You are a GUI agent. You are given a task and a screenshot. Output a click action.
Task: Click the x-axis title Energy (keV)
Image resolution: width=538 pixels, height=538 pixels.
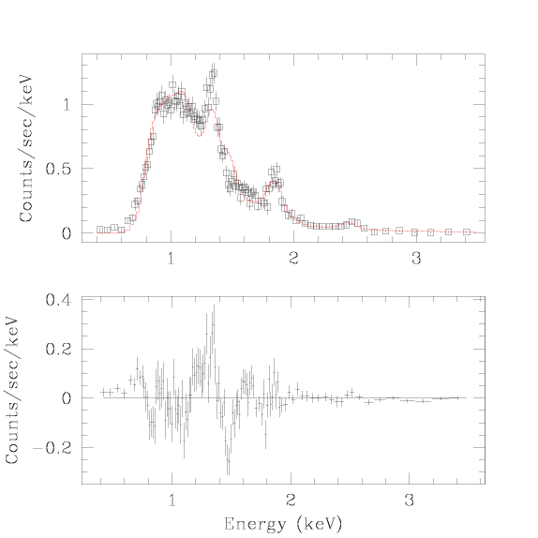pos(283,524)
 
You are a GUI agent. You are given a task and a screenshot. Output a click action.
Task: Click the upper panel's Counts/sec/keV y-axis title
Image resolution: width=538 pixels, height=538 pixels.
pos(25,148)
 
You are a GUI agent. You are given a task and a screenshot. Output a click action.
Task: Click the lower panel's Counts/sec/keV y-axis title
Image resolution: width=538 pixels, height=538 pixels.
pos(12,390)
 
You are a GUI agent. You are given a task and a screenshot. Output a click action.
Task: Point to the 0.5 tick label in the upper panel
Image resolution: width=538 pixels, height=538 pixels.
pos(58,169)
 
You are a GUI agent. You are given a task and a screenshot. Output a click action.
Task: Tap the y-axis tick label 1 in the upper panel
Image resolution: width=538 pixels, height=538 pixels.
pos(67,105)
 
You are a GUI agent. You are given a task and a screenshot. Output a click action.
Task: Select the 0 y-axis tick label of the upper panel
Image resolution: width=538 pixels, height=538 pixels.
pos(67,233)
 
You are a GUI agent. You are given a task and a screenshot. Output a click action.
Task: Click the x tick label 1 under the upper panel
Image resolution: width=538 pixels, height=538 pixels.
pos(172,259)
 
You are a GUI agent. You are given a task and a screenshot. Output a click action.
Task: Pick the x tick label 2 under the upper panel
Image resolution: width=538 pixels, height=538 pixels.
pos(293,259)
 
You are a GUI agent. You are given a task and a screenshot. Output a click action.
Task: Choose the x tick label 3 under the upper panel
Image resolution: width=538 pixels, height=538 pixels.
pos(416,259)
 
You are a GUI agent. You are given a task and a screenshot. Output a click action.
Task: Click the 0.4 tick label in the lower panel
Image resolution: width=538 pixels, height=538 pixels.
pos(58,300)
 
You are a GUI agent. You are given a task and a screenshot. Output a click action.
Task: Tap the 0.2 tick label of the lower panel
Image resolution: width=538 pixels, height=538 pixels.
pos(58,349)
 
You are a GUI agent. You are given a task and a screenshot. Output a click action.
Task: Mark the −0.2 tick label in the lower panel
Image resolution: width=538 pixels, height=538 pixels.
pos(52,448)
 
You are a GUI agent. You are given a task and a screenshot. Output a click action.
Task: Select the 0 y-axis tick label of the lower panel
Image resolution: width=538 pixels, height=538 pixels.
pos(67,398)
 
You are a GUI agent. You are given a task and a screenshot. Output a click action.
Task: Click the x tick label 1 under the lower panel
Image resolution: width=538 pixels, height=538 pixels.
pos(172,501)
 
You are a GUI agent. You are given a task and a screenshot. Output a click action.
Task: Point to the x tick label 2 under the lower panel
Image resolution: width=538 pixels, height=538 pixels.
pos(291,501)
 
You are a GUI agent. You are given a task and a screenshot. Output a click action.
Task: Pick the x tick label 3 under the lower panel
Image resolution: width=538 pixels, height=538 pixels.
pos(410,501)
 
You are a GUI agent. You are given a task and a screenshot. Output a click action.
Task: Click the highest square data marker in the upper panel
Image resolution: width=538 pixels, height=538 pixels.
pos(214,73)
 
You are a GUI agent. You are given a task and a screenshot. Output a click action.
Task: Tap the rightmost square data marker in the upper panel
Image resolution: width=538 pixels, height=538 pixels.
pos(466,232)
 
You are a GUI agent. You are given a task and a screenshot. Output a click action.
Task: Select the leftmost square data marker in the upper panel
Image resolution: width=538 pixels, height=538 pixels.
pos(100,230)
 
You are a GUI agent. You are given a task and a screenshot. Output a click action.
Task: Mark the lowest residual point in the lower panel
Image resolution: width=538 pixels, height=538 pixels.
pos(229,461)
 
